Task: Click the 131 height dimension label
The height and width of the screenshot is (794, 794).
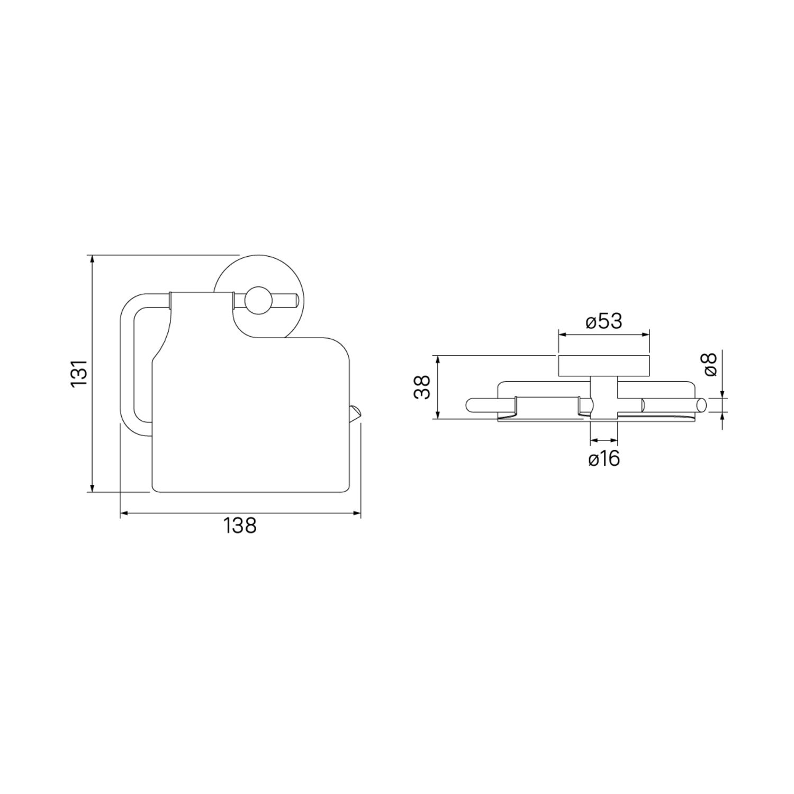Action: click(x=80, y=373)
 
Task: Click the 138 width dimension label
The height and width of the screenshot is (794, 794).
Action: click(x=240, y=526)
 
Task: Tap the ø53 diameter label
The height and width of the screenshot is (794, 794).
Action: click(x=604, y=321)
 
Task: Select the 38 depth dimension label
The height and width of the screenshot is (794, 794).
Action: click(x=422, y=387)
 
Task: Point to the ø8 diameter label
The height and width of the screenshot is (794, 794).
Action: click(x=710, y=364)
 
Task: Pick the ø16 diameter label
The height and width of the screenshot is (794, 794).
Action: click(x=604, y=458)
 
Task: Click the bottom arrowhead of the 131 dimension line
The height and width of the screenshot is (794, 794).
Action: click(x=93, y=488)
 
